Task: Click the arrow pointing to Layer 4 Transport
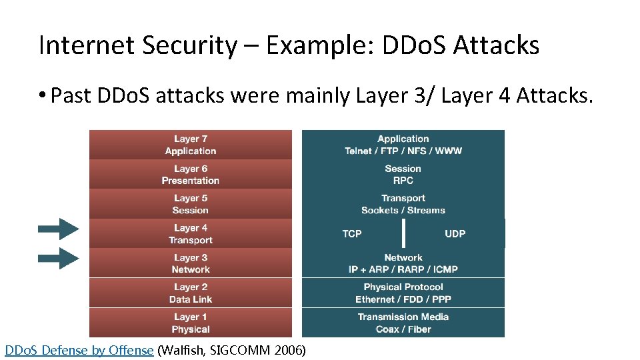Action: click(59, 229)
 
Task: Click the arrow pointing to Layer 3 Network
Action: click(59, 258)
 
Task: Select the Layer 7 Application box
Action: click(191, 145)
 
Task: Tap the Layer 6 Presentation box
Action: click(191, 175)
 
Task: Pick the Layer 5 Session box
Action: click(191, 204)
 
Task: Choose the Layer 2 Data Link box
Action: click(191, 293)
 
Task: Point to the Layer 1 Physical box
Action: click(191, 323)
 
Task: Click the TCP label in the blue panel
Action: click(352, 234)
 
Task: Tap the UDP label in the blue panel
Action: click(455, 234)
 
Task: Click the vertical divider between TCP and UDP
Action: click(403, 233)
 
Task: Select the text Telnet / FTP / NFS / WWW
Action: click(403, 151)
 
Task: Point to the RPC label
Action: click(403, 181)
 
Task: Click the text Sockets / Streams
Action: click(403, 211)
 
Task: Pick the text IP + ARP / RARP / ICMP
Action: click(403, 269)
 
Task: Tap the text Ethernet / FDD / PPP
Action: click(403, 299)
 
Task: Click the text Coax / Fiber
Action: click(403, 329)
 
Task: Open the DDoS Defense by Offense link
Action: click(79, 350)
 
